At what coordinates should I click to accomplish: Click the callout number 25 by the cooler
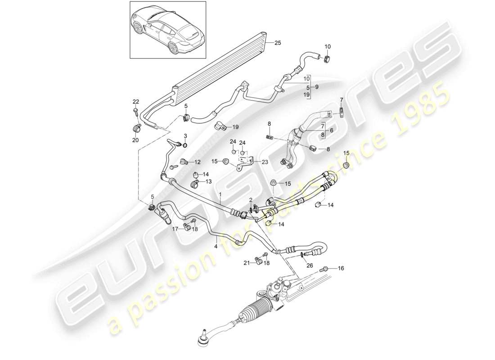[278, 43]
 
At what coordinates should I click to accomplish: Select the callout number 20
[135, 140]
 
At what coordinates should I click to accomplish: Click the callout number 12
[198, 162]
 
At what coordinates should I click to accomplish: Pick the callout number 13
[208, 182]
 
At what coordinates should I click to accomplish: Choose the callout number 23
[265, 162]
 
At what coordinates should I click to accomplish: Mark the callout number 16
[341, 268]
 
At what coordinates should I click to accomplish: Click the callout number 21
[247, 263]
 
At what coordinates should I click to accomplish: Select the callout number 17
[175, 228]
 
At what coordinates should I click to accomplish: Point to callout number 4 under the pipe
[216, 246]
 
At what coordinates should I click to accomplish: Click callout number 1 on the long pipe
[220, 194]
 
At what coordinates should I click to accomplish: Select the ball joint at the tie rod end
[203, 341]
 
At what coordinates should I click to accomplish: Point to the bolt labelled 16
[324, 270]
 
